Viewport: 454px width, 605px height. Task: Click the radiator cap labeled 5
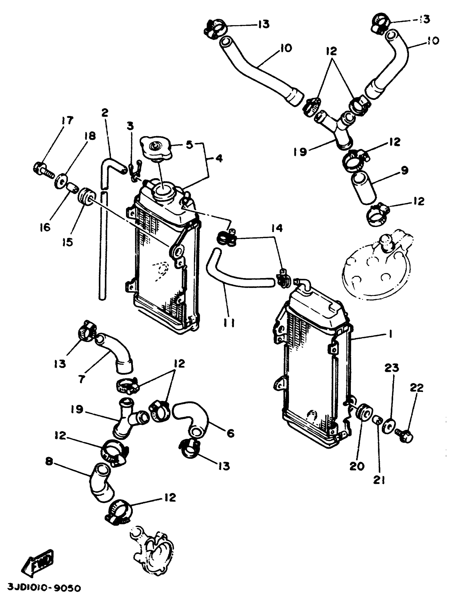point(156,149)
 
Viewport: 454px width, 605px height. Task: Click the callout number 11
point(229,323)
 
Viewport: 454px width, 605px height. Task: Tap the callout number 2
point(105,113)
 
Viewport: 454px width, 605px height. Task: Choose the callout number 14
point(277,228)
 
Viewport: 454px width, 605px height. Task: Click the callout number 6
point(230,433)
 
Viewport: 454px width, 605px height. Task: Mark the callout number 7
point(81,379)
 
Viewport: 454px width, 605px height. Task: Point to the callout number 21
point(379,479)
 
